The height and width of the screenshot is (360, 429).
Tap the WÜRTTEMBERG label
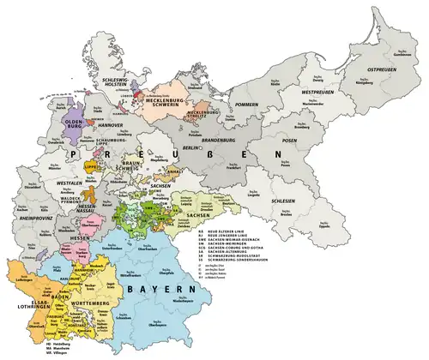88,300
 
